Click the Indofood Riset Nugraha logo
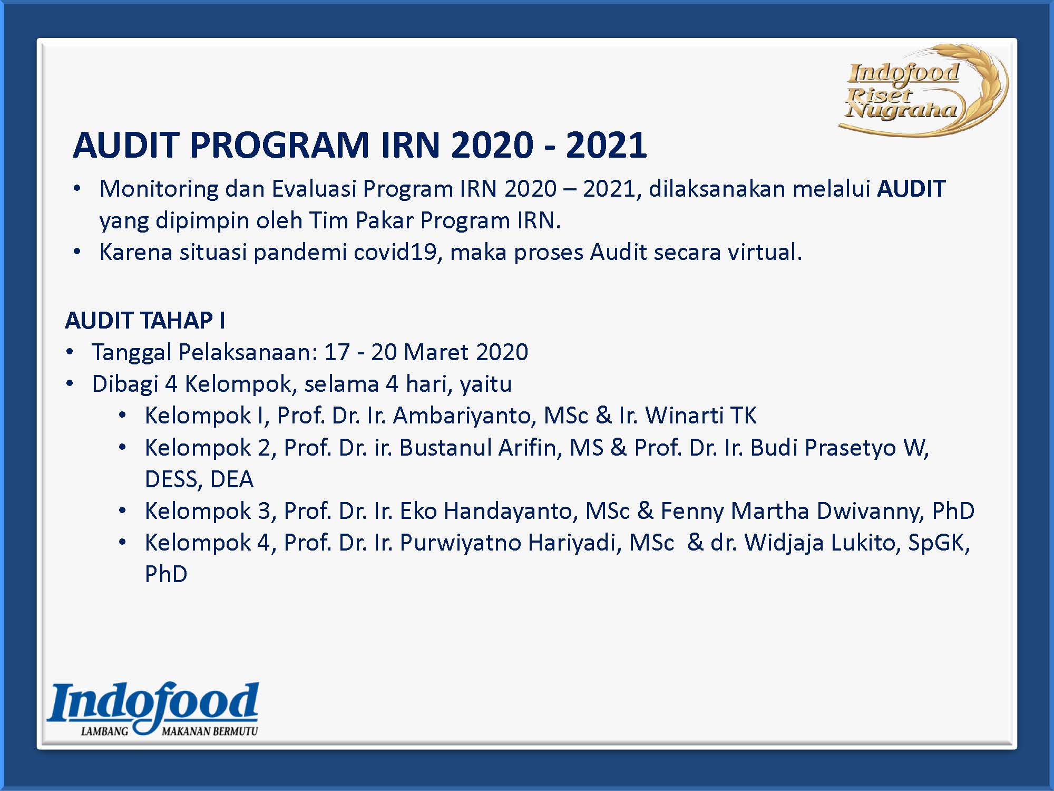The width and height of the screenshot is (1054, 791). click(x=923, y=91)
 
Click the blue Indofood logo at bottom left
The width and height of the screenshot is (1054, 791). click(x=153, y=709)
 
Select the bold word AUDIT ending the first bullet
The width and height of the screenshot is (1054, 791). click(x=911, y=189)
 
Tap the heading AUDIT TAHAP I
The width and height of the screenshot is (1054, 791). click(x=145, y=320)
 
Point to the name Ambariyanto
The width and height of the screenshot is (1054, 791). click(x=464, y=416)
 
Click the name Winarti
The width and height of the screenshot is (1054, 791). click(x=684, y=416)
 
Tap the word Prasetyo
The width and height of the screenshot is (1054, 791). click(x=851, y=447)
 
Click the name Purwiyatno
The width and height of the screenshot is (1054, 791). click(x=461, y=542)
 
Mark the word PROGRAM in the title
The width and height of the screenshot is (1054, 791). click(x=279, y=144)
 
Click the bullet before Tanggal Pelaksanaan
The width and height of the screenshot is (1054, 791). click(x=70, y=352)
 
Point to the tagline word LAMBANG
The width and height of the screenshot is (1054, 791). click(x=104, y=731)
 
